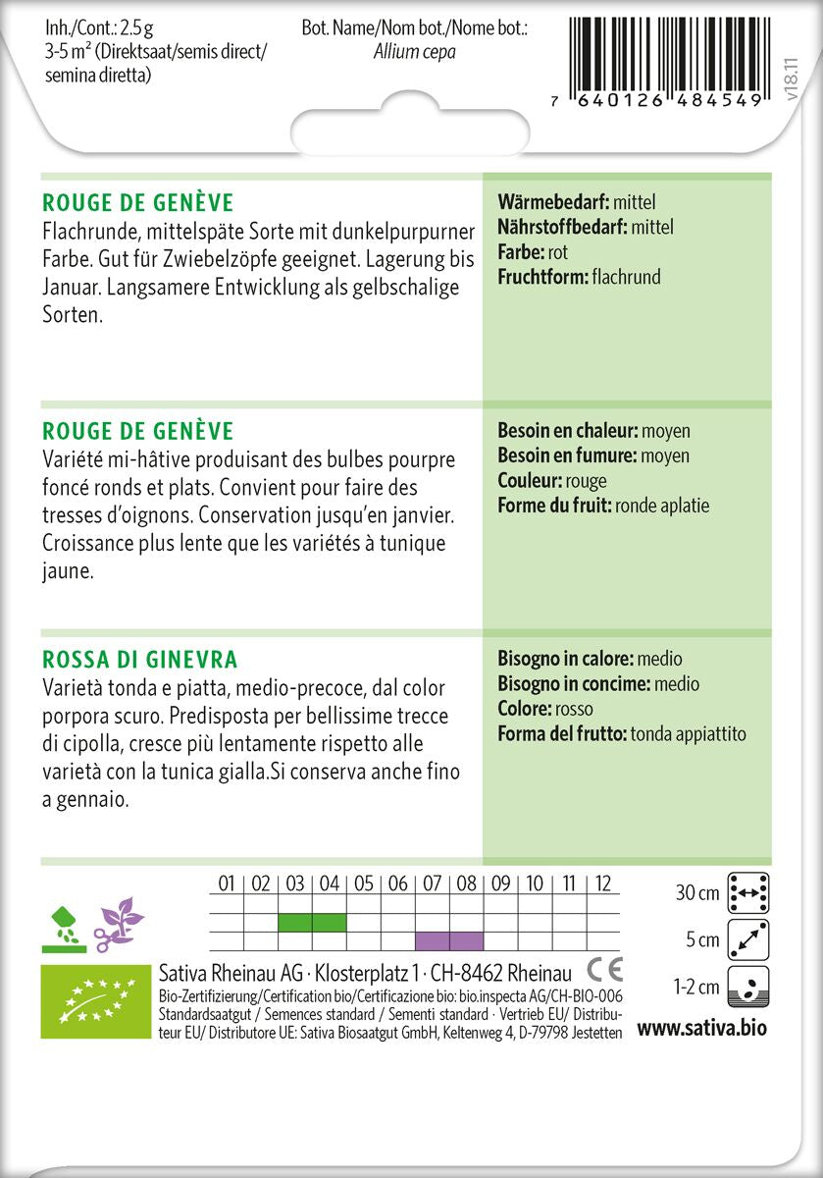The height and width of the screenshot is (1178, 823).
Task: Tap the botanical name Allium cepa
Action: [415, 52]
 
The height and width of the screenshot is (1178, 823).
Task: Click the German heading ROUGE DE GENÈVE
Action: [138, 203]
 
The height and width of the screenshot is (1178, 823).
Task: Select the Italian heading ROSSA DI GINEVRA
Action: [140, 660]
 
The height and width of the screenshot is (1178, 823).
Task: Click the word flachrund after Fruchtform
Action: [627, 277]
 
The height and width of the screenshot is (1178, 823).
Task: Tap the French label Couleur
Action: [529, 481]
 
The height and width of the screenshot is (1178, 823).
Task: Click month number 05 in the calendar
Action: [363, 884]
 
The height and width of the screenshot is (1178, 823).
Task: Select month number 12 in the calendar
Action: [602, 884]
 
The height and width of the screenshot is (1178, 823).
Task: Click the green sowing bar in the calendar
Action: [312, 923]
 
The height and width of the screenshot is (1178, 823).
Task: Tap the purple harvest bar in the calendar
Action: [449, 941]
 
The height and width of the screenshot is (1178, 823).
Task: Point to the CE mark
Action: [604, 971]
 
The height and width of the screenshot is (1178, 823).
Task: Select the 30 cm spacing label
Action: [697, 893]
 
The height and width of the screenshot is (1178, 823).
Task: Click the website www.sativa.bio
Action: [701, 1029]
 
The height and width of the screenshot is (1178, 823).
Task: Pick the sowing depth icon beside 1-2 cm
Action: [747, 987]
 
